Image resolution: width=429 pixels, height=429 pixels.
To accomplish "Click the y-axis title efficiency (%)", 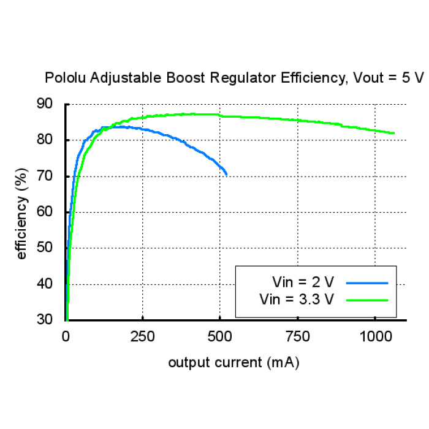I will pos(22,212).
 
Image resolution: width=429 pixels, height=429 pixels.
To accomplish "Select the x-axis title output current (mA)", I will pos(233,362).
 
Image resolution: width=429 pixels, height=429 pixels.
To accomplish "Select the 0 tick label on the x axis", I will pos(66,336).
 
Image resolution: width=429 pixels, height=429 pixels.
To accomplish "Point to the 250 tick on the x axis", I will pos(143,336).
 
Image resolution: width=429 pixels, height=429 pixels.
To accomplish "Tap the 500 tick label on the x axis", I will pos(220,336).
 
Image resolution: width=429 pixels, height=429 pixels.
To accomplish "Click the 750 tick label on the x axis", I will pos(297,336).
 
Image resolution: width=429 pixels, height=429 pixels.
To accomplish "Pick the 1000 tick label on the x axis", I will pos(374,336).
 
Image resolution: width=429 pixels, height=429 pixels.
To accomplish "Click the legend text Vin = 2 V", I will pos(303,283).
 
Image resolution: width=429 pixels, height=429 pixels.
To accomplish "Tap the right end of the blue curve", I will pos(226,175).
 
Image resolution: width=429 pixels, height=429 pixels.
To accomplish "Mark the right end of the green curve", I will pos(393,133).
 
